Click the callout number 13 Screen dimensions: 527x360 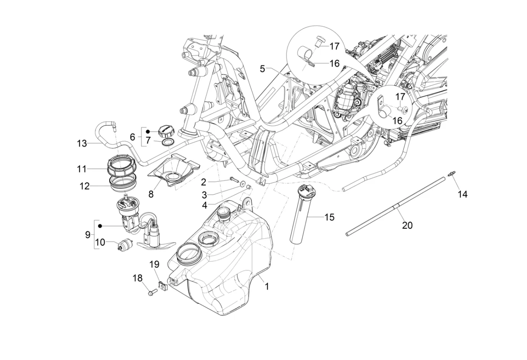(x=82, y=143)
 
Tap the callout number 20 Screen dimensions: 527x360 (x=407, y=225)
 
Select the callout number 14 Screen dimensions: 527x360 (x=462, y=194)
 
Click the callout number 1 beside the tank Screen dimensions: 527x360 (x=267, y=287)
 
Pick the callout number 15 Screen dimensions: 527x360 (x=330, y=217)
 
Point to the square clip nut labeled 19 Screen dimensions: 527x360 (x=162, y=286)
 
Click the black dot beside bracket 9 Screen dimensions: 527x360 (x=100, y=226)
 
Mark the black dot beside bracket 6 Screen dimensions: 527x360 (x=148, y=131)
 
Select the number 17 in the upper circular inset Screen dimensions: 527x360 (x=334, y=46)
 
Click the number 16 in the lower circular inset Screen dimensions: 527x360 (x=398, y=121)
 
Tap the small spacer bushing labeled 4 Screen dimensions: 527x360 (x=249, y=187)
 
